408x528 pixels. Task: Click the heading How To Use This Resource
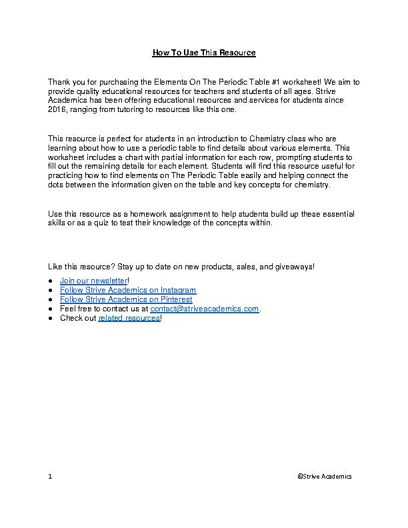pos(204,52)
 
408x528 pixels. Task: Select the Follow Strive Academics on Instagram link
pos(128,291)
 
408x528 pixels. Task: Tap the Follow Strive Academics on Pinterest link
pos(126,300)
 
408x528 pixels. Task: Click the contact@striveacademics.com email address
pos(204,309)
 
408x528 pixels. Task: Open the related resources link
pos(129,319)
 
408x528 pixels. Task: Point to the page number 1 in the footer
pos(50,477)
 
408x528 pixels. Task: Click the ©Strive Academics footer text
pos(325,477)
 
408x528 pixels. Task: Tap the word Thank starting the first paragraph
pos(59,82)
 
